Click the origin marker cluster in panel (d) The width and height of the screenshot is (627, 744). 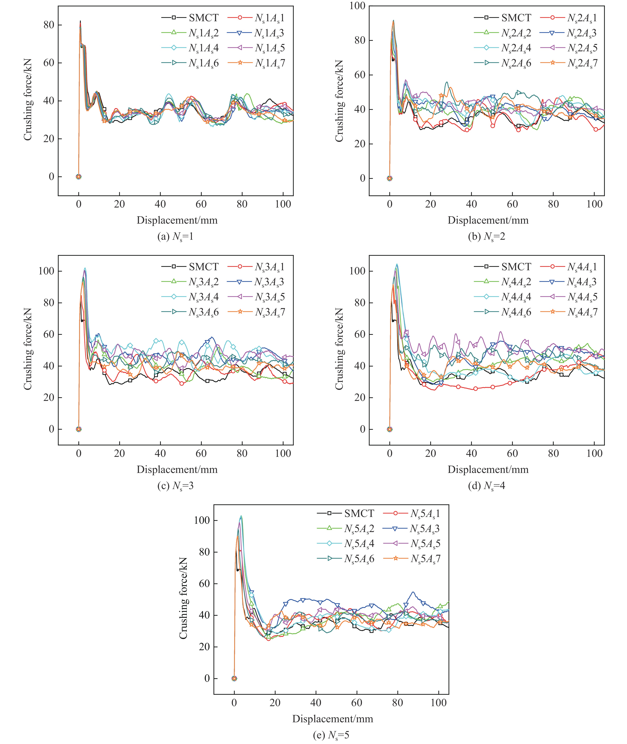[x=390, y=429]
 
